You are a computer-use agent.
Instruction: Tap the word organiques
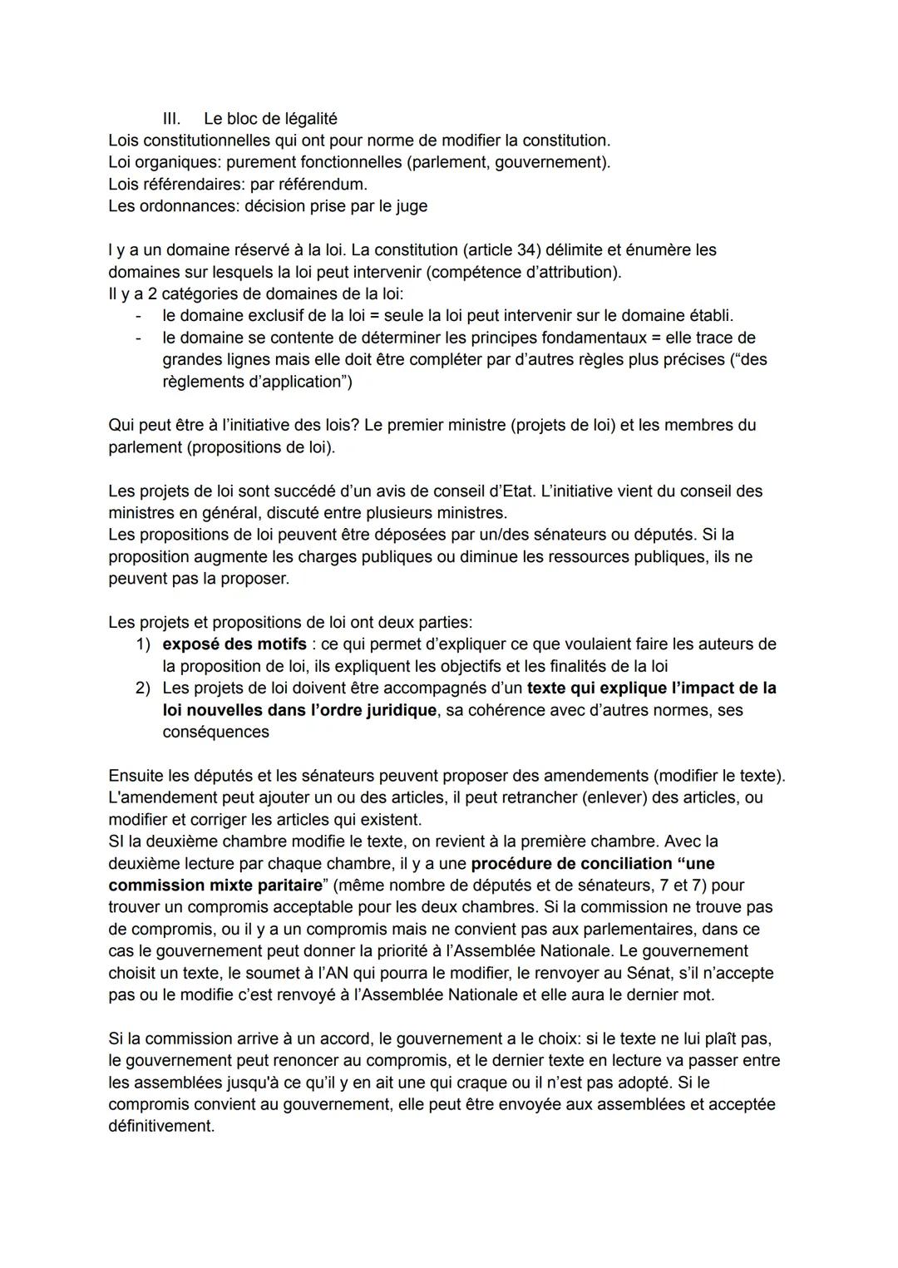pyautogui.click(x=176, y=162)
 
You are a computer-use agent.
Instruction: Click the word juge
pyautogui.click(x=411, y=206)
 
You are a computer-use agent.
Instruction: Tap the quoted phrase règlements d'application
pyautogui.click(x=257, y=382)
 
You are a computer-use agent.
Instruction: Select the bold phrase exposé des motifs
pyautogui.click(x=234, y=644)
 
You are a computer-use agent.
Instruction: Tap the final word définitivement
pyautogui.click(x=160, y=1127)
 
